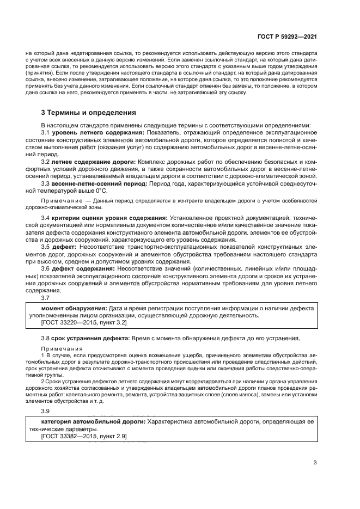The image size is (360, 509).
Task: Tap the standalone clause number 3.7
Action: (46, 297)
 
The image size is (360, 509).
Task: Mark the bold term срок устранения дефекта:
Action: (90, 338)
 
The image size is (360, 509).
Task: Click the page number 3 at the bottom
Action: (315, 463)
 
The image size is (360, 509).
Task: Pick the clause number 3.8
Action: (46, 338)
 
